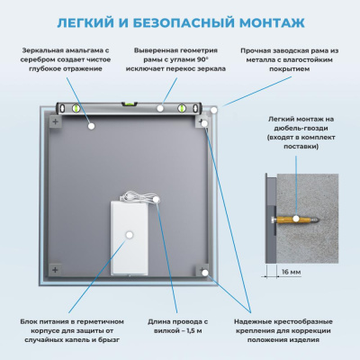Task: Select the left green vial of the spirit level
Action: click(x=76, y=109)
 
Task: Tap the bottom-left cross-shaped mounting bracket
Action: click(x=56, y=269)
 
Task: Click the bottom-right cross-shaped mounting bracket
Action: click(x=204, y=269)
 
